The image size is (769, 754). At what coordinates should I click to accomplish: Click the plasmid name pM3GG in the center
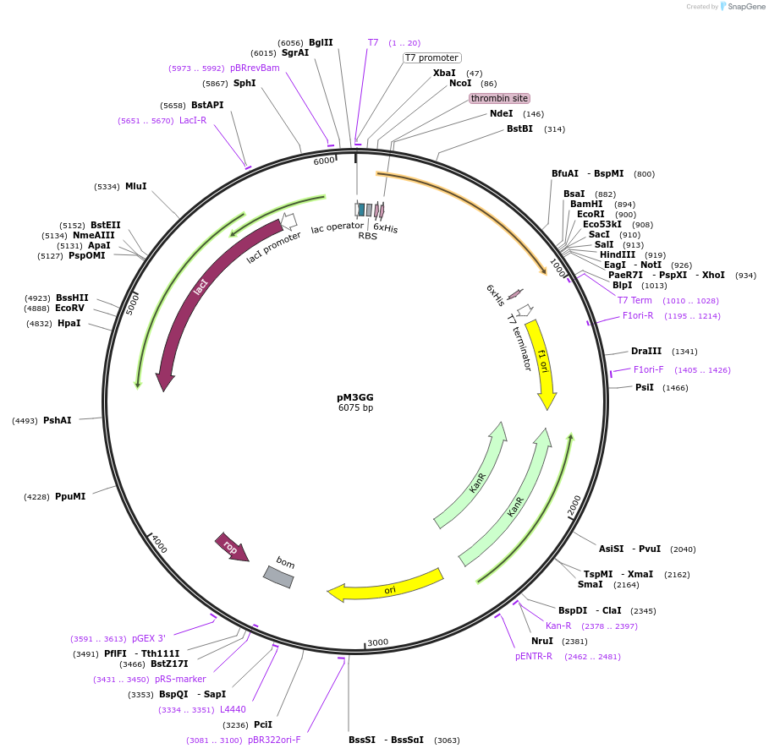(355, 396)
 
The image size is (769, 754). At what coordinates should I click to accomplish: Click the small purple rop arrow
(231, 546)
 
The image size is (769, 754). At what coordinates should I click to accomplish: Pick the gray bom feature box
(278, 577)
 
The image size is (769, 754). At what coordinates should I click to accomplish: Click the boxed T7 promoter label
(431, 57)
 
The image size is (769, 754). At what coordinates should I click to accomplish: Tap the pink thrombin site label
(499, 98)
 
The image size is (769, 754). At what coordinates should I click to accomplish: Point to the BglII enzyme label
(321, 42)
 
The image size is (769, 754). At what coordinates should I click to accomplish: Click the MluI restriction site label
(136, 186)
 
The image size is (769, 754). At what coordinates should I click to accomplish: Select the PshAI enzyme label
(58, 420)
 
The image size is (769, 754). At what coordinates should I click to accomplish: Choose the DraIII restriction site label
(646, 351)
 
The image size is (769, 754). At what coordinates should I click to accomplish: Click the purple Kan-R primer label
(558, 626)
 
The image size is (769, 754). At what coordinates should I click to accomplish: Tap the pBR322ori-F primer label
(274, 740)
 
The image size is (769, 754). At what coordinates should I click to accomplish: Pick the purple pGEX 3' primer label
(149, 639)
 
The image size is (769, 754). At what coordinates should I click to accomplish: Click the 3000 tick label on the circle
(377, 642)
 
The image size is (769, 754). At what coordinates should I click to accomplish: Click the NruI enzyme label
(542, 641)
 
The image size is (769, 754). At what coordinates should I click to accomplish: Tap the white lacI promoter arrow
(288, 221)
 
